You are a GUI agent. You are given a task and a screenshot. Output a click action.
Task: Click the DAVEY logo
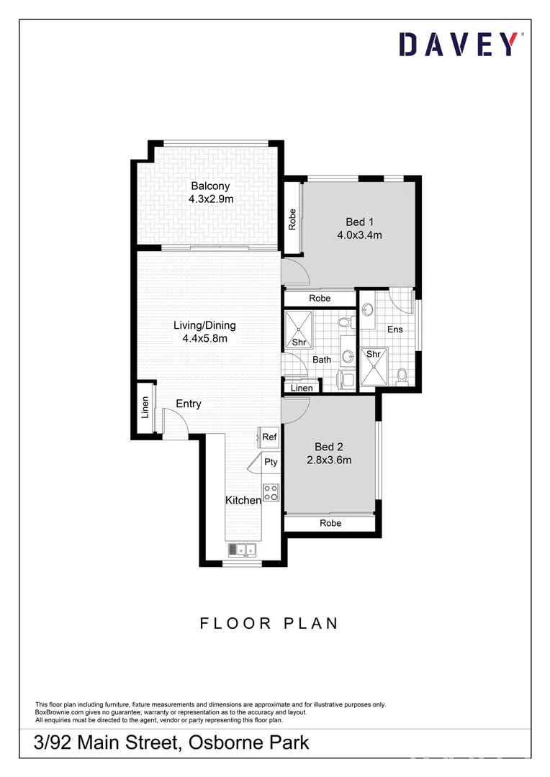459,45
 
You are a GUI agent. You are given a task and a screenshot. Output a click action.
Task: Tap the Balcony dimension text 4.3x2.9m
210,199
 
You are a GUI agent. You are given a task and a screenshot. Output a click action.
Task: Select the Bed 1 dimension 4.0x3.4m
359,235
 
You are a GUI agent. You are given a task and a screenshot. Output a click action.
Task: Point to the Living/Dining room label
204,325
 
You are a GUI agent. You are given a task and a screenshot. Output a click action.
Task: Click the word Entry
189,404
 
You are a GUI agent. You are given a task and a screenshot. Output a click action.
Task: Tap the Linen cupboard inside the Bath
302,388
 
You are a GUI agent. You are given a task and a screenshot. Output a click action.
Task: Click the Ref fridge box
269,437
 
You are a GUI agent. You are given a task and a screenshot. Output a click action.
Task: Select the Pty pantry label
271,462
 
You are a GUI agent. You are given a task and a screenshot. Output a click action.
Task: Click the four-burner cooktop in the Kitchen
271,493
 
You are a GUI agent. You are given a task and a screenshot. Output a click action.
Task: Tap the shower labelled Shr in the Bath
298,329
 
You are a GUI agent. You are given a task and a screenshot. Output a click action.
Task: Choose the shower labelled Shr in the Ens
374,365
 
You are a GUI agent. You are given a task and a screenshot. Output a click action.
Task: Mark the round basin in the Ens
368,310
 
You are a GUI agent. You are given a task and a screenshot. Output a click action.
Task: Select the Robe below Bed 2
330,524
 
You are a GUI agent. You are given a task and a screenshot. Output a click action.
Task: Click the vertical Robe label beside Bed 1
292,219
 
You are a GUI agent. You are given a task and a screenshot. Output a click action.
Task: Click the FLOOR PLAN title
269,623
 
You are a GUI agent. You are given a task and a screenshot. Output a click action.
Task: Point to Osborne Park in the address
249,742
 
